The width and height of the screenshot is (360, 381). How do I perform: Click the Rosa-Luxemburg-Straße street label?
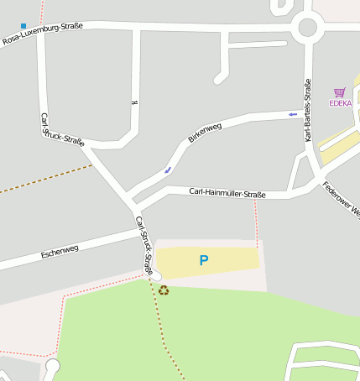click(42, 34)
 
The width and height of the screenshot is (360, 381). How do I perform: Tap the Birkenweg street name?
click(205, 132)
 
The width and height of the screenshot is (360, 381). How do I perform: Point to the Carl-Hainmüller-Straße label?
click(227, 194)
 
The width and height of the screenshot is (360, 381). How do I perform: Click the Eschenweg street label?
click(60, 250)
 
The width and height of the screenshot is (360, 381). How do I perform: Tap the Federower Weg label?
click(342, 200)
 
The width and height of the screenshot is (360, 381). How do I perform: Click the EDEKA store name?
click(340, 103)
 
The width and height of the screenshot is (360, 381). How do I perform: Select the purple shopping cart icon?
click(340, 92)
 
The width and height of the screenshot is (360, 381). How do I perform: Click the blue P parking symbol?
click(204, 261)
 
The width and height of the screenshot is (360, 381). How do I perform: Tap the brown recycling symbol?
click(164, 290)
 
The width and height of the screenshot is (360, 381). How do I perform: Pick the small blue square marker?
click(23, 26)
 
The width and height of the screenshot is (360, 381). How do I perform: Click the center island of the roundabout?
click(308, 27)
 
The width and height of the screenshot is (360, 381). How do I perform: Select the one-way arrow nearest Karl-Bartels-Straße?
click(292, 114)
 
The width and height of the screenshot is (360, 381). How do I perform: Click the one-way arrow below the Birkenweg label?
click(168, 170)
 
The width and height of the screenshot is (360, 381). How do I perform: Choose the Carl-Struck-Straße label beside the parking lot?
click(144, 246)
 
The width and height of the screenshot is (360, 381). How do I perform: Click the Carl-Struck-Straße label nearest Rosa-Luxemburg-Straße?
click(62, 130)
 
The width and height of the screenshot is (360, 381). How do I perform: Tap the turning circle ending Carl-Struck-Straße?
click(156, 275)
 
